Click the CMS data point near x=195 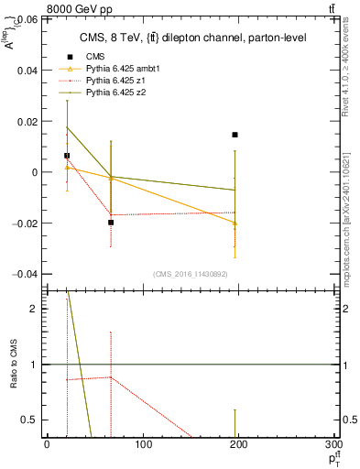pos(235,135)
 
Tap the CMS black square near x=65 pos(111,223)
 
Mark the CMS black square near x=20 pos(67,156)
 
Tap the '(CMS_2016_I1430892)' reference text pos(191,274)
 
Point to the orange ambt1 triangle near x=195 pos(235,223)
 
